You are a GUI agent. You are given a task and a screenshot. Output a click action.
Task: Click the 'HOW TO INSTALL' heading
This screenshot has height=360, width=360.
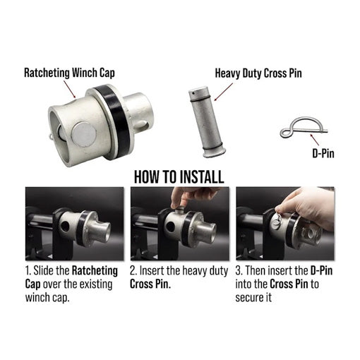pos(179,176)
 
